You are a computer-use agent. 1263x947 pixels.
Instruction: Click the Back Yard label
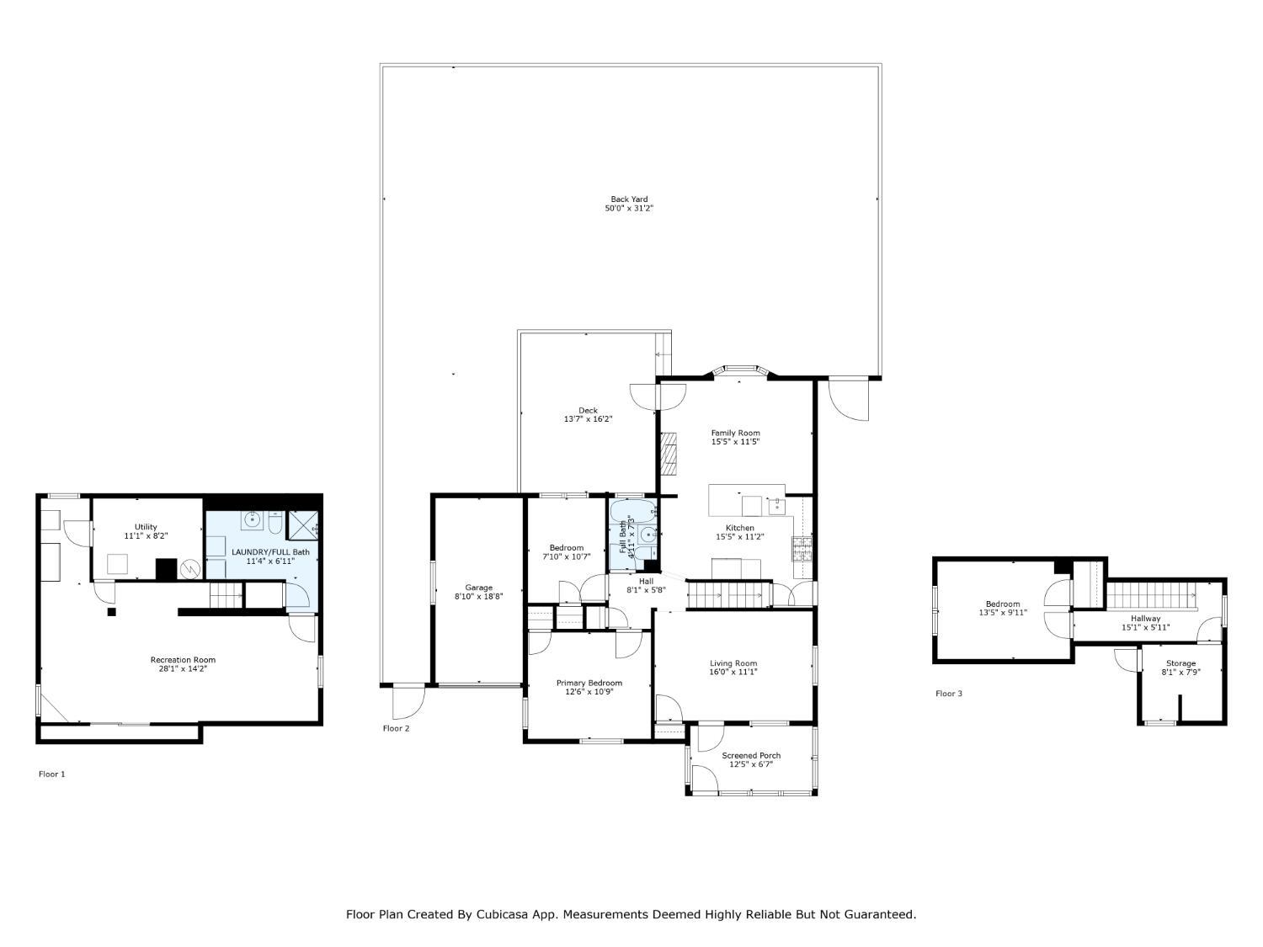click(629, 200)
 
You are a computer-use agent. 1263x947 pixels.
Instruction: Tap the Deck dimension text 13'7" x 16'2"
click(588, 419)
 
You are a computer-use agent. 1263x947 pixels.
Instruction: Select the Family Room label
click(735, 433)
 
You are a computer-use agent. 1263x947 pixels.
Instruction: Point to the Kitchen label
click(740, 528)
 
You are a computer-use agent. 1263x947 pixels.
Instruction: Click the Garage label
click(479, 588)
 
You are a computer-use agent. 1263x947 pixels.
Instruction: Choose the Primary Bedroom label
click(589, 683)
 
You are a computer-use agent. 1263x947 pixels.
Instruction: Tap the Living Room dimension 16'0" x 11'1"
click(733, 672)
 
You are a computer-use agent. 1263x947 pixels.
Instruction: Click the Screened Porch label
click(751, 756)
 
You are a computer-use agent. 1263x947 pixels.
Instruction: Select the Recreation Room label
click(183, 659)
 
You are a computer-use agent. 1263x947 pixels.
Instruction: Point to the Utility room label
click(146, 527)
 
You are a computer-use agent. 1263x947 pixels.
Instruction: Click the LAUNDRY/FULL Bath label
click(270, 552)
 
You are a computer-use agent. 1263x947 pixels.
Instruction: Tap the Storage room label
click(1180, 663)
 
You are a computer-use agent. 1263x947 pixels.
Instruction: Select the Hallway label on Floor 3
click(1146, 619)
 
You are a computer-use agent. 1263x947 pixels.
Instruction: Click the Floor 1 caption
click(52, 774)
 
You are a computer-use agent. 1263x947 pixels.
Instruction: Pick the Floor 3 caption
click(949, 694)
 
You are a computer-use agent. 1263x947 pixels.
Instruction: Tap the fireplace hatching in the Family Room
click(669, 454)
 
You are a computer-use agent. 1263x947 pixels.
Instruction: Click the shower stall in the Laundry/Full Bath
click(302, 525)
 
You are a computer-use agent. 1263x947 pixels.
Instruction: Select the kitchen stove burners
click(802, 549)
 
